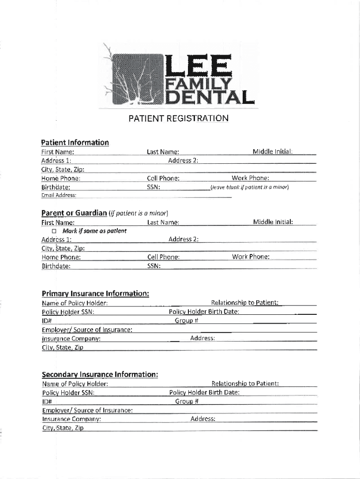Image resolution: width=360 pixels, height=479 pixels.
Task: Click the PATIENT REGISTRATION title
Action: [179, 118]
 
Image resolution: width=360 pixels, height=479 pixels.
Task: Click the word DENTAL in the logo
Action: [210, 97]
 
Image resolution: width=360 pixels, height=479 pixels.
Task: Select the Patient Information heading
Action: [75, 142]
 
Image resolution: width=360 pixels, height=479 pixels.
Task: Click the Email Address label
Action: [59, 195]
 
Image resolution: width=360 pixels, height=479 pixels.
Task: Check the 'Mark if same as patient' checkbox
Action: [54, 231]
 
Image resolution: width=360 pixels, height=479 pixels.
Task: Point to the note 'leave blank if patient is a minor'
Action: [250, 187]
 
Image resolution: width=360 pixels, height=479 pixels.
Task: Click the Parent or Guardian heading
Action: [74, 213]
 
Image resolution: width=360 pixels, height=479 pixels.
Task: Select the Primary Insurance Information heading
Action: [95, 293]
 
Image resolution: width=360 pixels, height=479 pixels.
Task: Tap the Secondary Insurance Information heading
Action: [100, 374]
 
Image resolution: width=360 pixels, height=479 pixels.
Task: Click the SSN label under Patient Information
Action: [153, 187]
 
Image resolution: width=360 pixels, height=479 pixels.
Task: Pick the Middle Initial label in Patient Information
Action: [273, 152]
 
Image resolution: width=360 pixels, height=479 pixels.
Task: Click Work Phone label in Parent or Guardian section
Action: [251, 257]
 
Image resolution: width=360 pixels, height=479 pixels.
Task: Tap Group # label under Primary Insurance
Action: [187, 320]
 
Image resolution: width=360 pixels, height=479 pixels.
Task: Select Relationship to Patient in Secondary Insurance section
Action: [245, 384]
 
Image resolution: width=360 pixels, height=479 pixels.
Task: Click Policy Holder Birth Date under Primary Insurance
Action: [204, 312]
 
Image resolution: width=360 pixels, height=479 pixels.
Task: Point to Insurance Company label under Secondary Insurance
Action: [72, 419]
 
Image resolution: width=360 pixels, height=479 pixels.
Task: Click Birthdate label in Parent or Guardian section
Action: [56, 266]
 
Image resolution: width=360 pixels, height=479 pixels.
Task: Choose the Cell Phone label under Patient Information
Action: [163, 178]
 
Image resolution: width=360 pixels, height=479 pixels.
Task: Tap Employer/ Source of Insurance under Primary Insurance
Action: [86, 329]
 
